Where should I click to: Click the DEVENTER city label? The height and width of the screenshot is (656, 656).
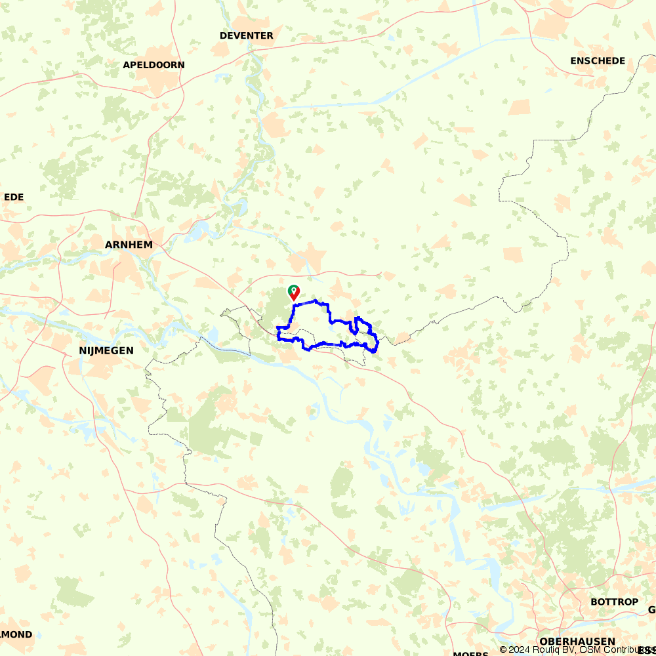point(247,35)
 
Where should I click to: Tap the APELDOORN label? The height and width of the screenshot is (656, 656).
point(154,65)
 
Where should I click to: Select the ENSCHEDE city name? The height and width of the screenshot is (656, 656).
point(598,61)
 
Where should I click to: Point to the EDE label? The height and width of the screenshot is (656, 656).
point(14,197)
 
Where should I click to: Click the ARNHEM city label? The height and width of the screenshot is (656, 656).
point(129,245)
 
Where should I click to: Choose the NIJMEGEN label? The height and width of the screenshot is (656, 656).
point(106,351)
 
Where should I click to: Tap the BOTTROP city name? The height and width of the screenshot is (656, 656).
point(614,602)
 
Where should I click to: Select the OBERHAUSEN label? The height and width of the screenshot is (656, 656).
point(577,641)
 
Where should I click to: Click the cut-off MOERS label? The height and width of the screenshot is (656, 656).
point(470,653)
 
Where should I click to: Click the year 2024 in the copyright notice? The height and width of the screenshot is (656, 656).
point(523,649)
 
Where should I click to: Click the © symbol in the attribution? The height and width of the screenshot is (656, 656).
point(504,649)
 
